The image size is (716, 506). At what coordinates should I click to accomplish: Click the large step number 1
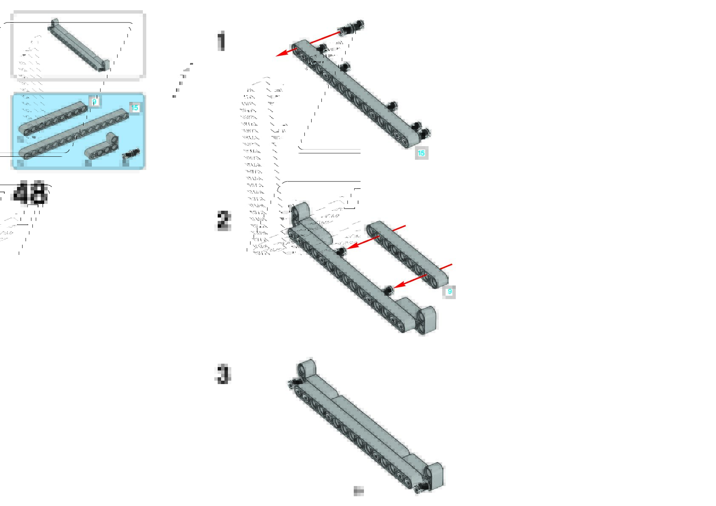pyautogui.click(x=221, y=42)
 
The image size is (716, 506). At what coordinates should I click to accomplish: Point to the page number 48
pyautogui.click(x=29, y=193)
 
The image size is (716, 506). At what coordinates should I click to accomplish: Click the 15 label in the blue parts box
pyautogui.click(x=135, y=108)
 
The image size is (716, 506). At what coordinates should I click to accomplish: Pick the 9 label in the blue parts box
pyautogui.click(x=94, y=102)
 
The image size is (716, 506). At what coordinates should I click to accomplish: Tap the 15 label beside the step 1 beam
pyautogui.click(x=421, y=153)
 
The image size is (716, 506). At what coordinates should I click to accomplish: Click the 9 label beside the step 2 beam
pyautogui.click(x=449, y=292)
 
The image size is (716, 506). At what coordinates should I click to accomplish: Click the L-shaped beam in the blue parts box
pyautogui.click(x=102, y=147)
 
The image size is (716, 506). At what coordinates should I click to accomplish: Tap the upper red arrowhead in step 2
pyautogui.click(x=351, y=246)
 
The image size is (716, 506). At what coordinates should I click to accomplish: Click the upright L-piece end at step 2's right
pyautogui.click(x=427, y=319)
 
